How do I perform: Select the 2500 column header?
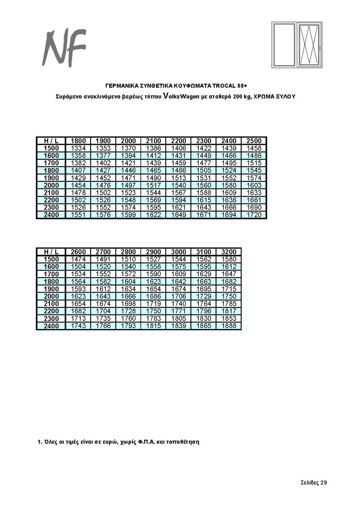[x=254, y=141]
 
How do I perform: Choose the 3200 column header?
[x=229, y=252]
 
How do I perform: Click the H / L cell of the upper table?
[x=51, y=141]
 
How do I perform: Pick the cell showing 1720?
[x=254, y=215]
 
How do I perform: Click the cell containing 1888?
[x=229, y=326]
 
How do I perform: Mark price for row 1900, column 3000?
[x=179, y=288]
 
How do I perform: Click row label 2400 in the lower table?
[x=51, y=326]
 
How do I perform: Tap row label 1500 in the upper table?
[x=51, y=149]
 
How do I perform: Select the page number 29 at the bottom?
[x=324, y=482]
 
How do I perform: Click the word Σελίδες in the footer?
[x=310, y=482]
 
